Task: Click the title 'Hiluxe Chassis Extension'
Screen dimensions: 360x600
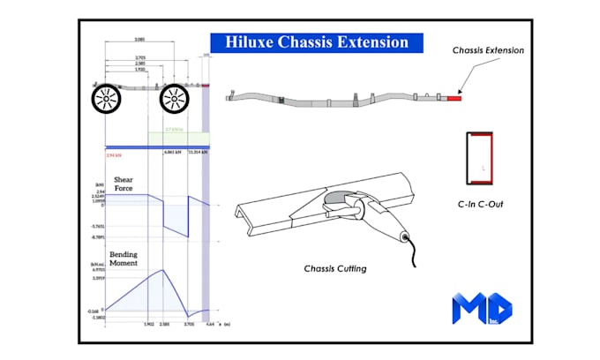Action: coord(317,41)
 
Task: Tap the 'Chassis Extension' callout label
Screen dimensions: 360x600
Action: coord(488,50)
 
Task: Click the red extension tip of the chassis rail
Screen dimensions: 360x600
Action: coord(454,97)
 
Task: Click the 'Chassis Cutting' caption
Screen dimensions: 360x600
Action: coord(334,268)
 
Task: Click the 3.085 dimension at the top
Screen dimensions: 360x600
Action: coord(139,41)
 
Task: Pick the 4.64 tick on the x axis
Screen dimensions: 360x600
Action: coord(208,325)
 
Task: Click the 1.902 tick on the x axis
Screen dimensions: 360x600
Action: coord(148,325)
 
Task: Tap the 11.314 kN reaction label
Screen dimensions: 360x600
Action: coord(199,152)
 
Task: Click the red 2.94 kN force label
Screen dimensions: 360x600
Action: coord(113,153)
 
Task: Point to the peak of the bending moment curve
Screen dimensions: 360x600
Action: coord(164,270)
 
